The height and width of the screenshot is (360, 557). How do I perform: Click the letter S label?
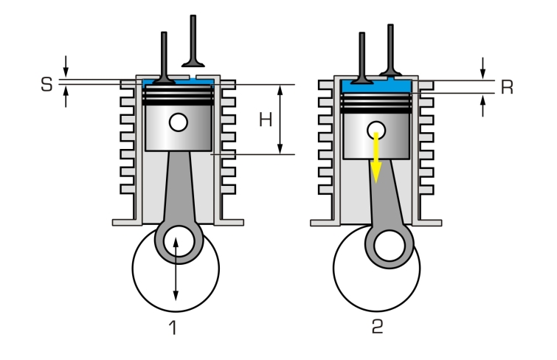(46, 84)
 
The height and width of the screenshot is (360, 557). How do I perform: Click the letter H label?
(265, 120)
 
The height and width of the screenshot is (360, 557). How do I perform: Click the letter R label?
(506, 87)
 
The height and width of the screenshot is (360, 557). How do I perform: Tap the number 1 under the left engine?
(173, 327)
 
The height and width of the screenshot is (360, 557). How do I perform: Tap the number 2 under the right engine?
(377, 327)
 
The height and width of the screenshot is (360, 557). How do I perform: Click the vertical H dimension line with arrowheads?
(280, 120)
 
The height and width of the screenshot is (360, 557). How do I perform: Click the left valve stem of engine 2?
(362, 55)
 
